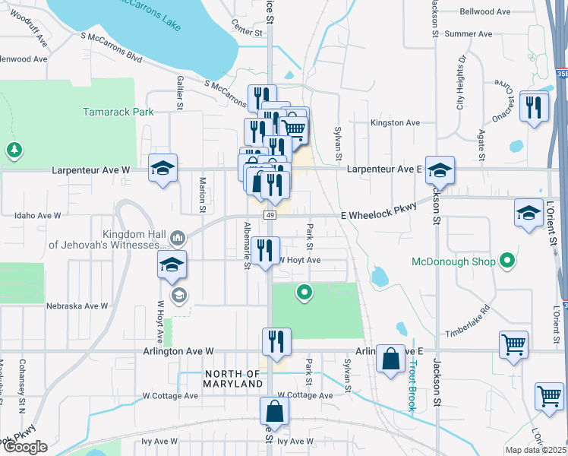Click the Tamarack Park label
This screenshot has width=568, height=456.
(x=118, y=112)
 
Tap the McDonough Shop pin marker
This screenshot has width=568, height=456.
(x=508, y=262)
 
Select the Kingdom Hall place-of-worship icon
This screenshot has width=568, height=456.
(x=178, y=239)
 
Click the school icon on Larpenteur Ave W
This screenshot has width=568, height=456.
(x=162, y=169)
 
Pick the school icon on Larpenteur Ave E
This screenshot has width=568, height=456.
(x=439, y=171)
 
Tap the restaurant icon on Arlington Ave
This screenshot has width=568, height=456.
(x=276, y=341)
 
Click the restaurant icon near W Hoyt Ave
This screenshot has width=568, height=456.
(x=265, y=251)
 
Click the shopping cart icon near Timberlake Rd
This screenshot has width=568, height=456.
(x=513, y=344)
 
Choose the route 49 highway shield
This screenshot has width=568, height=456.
(x=270, y=217)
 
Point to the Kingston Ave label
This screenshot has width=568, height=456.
(x=395, y=122)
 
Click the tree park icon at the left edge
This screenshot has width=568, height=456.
(x=14, y=150)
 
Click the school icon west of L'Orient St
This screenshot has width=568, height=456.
(x=529, y=214)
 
